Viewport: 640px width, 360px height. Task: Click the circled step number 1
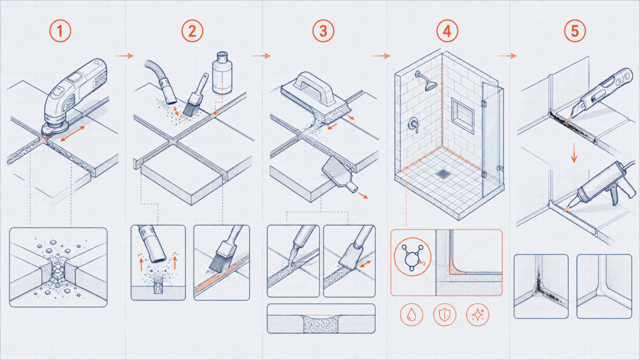(x=60, y=31)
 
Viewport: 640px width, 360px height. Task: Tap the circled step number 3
(x=323, y=31)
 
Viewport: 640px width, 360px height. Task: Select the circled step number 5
(x=575, y=31)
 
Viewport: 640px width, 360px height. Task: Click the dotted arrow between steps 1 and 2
(x=124, y=56)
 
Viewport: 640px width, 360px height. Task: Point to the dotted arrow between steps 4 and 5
(x=507, y=56)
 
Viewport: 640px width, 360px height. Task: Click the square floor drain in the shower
(x=443, y=174)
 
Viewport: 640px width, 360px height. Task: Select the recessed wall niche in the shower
(x=462, y=115)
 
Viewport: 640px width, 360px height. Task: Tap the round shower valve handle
(x=414, y=124)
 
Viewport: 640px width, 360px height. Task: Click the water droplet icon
(x=411, y=315)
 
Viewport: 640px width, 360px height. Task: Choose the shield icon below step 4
(x=444, y=315)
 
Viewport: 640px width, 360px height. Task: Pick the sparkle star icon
(x=477, y=315)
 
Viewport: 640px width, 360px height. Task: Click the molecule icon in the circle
(x=412, y=257)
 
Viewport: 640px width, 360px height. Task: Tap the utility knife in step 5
(x=599, y=95)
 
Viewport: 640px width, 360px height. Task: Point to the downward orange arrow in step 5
(x=574, y=152)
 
